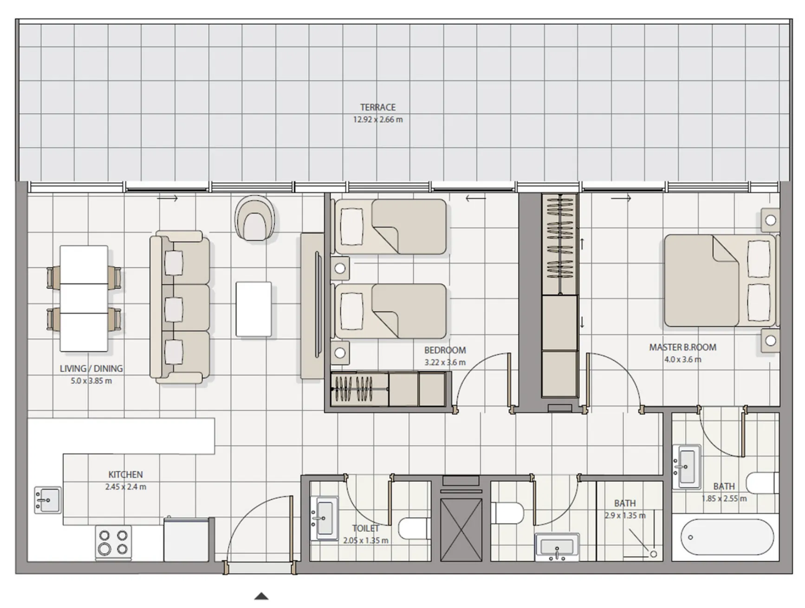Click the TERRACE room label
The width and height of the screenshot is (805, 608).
click(377, 107)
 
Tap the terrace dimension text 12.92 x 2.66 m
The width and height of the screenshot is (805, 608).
click(377, 119)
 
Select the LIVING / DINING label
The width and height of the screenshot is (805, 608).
click(91, 369)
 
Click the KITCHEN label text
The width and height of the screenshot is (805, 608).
click(125, 474)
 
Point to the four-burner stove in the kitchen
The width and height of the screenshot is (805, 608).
click(113, 542)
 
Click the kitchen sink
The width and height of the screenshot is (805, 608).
click(47, 500)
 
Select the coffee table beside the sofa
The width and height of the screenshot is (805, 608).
click(253, 309)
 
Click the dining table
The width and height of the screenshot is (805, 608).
click(84, 298)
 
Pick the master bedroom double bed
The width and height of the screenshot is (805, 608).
click(720, 280)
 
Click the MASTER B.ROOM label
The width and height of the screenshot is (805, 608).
click(682, 347)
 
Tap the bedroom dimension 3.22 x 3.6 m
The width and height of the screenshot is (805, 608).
click(444, 362)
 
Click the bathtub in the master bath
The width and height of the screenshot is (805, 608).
click(727, 537)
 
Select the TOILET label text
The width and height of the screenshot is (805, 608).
click(365, 528)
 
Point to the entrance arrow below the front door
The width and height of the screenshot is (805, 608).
click(261, 596)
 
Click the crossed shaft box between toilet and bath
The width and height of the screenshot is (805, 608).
click(461, 530)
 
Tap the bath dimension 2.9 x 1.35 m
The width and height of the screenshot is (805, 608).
click(625, 515)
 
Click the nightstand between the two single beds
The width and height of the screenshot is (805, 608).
click(340, 268)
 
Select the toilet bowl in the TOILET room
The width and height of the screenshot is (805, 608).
click(414, 528)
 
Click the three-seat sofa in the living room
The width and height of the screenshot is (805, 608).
click(180, 307)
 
